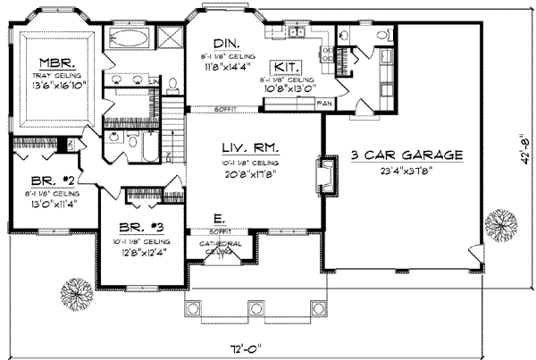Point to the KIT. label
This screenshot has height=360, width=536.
tap(286, 66)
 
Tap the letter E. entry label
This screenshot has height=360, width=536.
tap(219, 217)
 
